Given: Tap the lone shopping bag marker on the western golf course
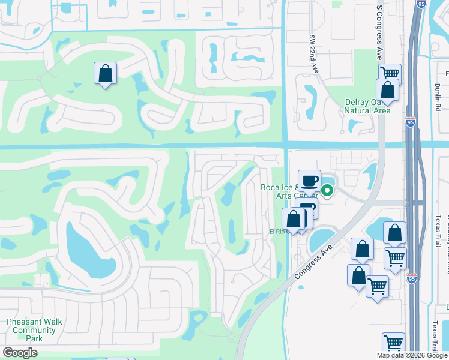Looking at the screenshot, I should click(x=105, y=74).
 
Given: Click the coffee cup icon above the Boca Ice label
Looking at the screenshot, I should click(x=309, y=181).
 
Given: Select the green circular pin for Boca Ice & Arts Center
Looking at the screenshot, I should click(x=327, y=191).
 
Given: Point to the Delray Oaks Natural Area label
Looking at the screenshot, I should click(x=367, y=106).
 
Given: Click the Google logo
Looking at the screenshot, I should click(x=20, y=353).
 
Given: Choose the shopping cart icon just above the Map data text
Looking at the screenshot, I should click(x=393, y=343).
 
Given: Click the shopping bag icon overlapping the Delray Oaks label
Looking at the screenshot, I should click(x=387, y=91).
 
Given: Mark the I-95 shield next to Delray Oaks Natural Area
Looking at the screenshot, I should click(x=411, y=121).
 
